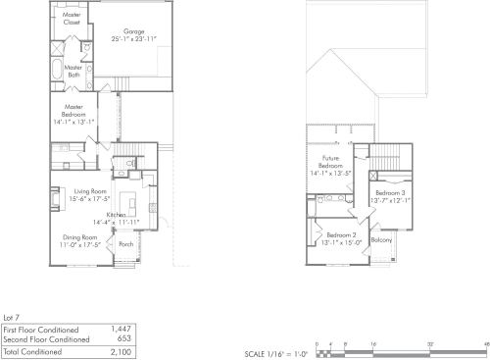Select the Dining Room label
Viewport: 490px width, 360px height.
80,235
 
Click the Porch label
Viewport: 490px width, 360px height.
125,244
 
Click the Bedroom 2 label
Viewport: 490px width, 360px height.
341,235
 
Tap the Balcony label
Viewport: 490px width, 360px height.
382,240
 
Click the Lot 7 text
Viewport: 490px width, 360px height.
13,319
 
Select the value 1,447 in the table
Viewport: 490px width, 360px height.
122,330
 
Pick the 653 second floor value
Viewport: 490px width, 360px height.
124,338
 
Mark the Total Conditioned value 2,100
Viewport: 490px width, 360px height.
121,350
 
